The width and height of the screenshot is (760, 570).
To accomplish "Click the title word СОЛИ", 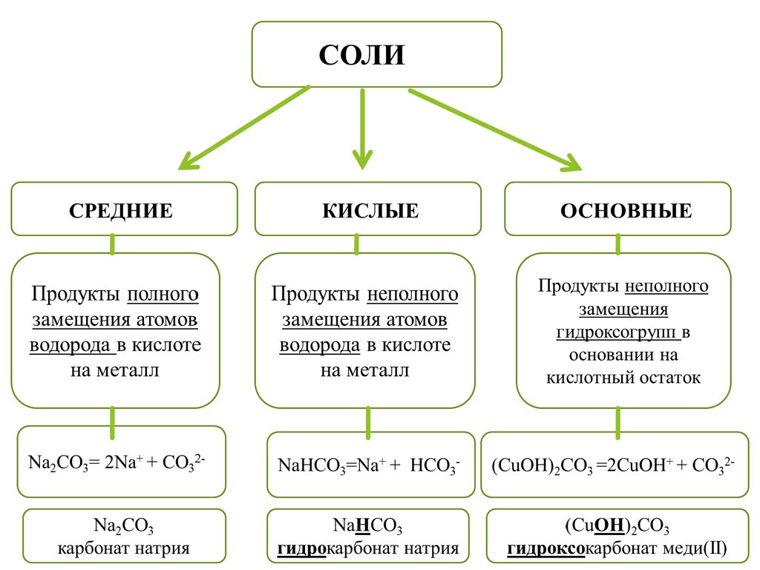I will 362,55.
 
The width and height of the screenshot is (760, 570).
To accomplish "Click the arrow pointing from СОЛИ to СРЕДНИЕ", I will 245,127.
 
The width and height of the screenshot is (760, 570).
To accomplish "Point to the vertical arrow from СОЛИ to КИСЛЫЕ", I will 362,126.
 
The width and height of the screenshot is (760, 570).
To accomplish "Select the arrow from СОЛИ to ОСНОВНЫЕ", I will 494,129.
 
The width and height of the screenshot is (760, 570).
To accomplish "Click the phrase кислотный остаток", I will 623,378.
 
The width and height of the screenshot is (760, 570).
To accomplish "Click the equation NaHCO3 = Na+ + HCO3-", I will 369,466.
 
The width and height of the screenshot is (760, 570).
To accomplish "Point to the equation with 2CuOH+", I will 613,466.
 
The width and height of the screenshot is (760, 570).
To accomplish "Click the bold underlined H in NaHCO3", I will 363,528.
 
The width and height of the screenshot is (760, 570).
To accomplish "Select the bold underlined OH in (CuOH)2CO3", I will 607,528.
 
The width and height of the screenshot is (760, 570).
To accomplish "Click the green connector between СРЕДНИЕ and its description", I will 112,244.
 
